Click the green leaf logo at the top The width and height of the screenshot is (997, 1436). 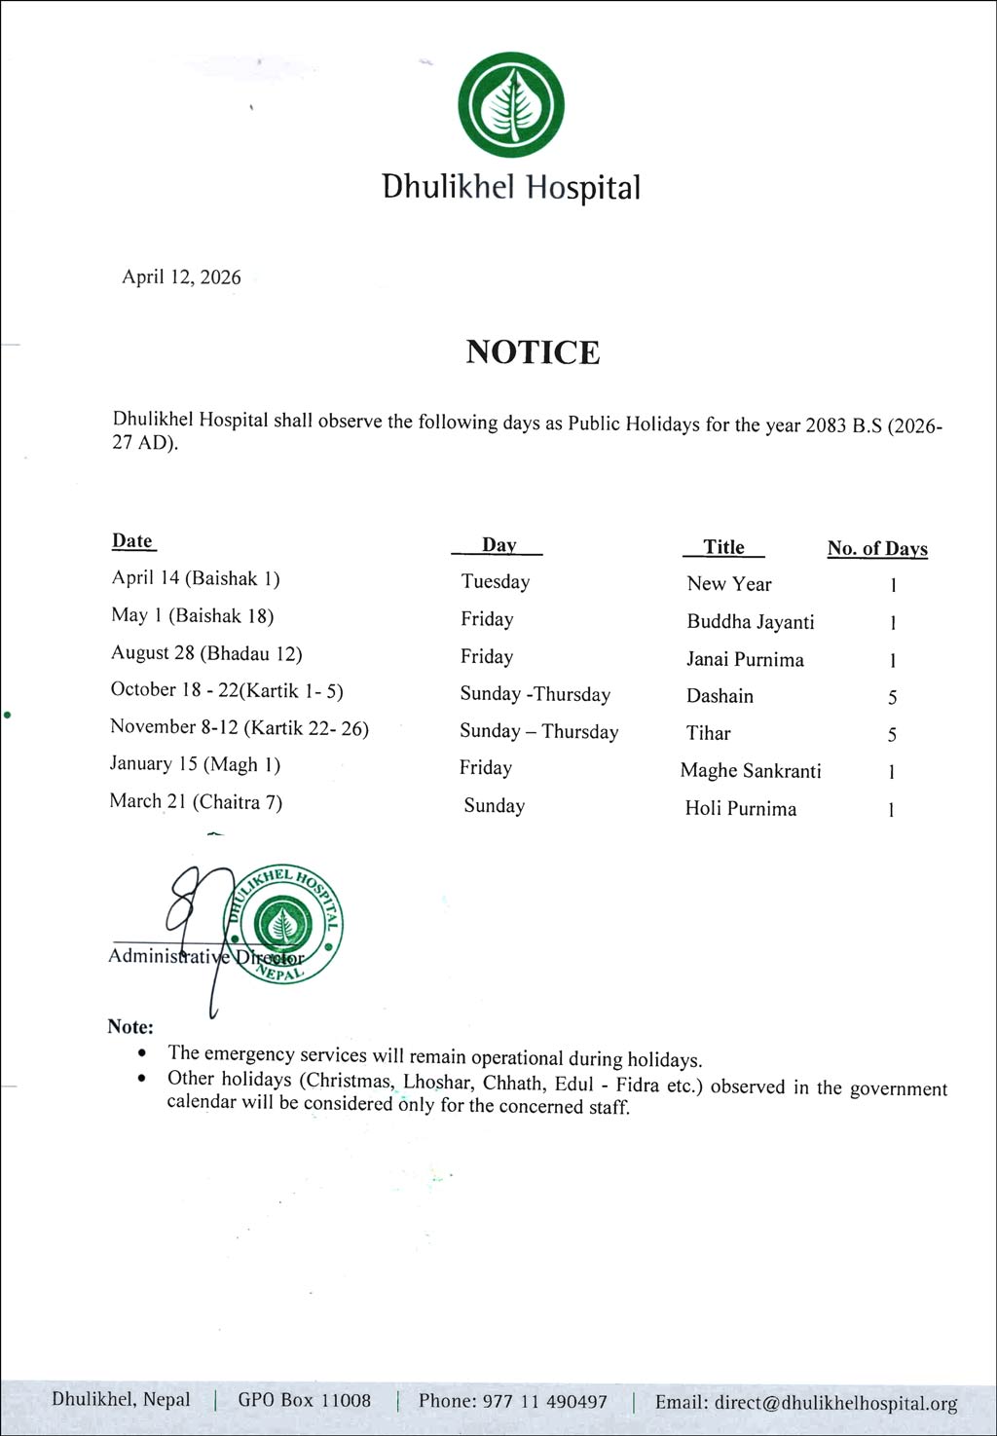point(511,105)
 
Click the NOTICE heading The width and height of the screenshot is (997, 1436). point(533,351)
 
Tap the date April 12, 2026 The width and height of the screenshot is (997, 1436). point(181,277)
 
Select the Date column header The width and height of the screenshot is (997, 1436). point(132,541)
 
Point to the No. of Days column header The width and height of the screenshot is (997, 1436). point(877,548)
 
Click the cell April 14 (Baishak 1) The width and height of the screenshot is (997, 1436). point(196,578)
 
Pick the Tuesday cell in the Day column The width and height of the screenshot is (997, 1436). point(496,582)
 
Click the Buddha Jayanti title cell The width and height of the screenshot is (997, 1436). point(751,622)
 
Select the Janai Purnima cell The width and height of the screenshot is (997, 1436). point(745,660)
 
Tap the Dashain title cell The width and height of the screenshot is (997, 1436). point(720,696)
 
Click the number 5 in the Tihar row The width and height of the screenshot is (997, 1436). point(892,735)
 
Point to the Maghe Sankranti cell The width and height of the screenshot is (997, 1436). point(751,771)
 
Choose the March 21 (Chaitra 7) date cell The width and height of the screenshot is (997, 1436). point(196,802)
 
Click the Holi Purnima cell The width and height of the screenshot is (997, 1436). point(740,809)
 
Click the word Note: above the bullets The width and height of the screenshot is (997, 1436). point(130,1027)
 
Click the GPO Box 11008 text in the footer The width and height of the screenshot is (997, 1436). point(305,1401)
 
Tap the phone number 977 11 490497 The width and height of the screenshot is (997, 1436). point(545,1402)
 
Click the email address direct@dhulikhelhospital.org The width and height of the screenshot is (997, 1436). point(835,1403)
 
